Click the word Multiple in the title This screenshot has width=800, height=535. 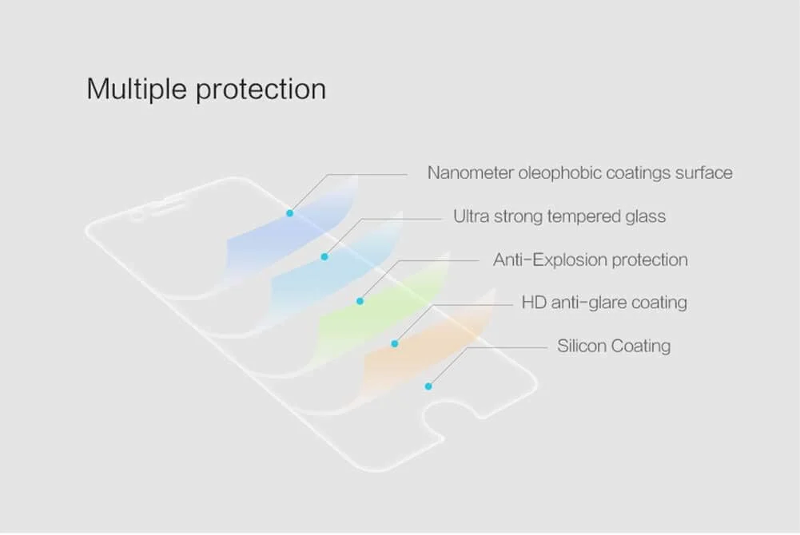[136, 89]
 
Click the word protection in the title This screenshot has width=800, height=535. [261, 90]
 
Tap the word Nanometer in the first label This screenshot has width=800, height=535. [471, 172]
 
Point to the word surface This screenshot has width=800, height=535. [704, 173]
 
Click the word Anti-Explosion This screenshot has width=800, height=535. [550, 260]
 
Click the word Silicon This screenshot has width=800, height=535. [582, 346]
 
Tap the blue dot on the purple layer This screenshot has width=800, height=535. [290, 213]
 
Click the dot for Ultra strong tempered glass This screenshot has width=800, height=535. [324, 257]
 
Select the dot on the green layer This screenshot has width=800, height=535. [360, 301]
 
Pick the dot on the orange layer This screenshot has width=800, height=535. [394, 344]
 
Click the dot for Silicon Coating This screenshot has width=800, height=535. [428, 386]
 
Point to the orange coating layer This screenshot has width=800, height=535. [428, 347]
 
